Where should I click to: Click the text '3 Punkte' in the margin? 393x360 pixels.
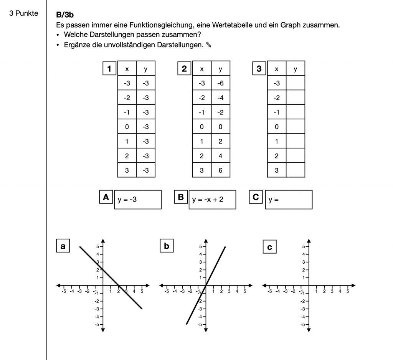pos(24,14)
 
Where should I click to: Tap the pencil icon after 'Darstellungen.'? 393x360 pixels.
pos(208,45)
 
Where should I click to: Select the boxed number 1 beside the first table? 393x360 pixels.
pos(109,69)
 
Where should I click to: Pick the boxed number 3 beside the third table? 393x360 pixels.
pos(259,69)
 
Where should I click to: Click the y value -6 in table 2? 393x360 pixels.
pos(220,83)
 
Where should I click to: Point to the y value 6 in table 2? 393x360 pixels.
pos(220,170)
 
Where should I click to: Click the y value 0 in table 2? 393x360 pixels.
pos(220,127)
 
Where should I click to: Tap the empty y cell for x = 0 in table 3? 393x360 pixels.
pos(295,127)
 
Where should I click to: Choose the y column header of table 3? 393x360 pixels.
pos(295,69)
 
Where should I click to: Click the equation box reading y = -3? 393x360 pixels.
pos(137,200)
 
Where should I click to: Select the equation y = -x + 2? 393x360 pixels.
pos(212,200)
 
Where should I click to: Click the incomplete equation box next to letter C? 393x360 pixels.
pos(288,200)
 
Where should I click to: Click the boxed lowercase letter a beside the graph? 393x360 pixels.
pos(63,246)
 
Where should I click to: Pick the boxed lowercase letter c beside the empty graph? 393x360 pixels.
pos(269,247)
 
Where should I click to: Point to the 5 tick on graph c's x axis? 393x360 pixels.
pos(348,291)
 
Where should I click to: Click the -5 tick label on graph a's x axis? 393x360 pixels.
pos(64,291)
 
